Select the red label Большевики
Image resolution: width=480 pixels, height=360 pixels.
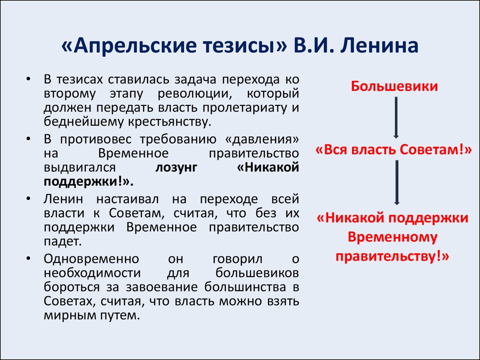point(394,86)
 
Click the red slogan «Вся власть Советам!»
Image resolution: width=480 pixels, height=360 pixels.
point(394,150)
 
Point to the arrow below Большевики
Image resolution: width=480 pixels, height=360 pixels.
point(396,118)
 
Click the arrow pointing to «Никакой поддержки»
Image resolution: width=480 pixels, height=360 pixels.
point(397,182)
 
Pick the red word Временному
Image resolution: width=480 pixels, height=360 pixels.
point(393,237)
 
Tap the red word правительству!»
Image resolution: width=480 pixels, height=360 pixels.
point(392,256)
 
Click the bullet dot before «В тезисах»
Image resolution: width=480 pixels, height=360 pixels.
point(29,79)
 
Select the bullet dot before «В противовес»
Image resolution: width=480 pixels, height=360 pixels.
point(29,139)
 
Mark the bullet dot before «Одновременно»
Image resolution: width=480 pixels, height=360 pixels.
point(29,259)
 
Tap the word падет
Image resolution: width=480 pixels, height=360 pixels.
point(63,242)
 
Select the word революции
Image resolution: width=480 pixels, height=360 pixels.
point(194,94)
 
